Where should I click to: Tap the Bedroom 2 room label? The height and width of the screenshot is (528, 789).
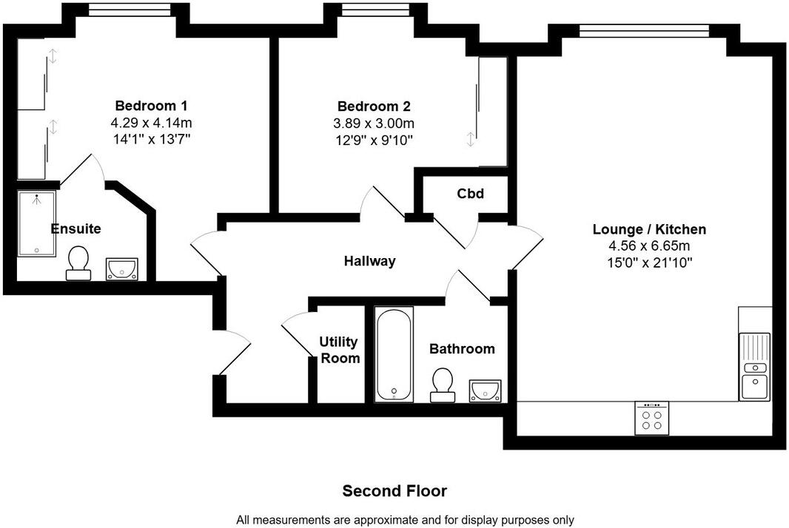374,106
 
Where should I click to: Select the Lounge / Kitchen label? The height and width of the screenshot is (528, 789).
649,229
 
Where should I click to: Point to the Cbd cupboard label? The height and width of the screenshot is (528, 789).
470,194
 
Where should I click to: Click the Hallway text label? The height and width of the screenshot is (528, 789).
369,261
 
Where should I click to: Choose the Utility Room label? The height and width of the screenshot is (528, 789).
339,351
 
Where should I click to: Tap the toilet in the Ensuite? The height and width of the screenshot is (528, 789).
78,263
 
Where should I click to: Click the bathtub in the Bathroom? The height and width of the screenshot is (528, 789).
394,355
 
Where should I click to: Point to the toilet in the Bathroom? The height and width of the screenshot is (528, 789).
443,385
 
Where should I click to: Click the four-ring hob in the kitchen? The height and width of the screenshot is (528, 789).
651,419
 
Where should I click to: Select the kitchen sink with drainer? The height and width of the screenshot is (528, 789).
755,366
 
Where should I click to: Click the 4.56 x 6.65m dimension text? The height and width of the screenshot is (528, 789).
648,246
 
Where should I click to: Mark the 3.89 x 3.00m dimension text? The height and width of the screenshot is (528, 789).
374,123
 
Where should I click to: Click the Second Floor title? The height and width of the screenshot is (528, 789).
394,491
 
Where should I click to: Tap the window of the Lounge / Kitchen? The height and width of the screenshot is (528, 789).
644,31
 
